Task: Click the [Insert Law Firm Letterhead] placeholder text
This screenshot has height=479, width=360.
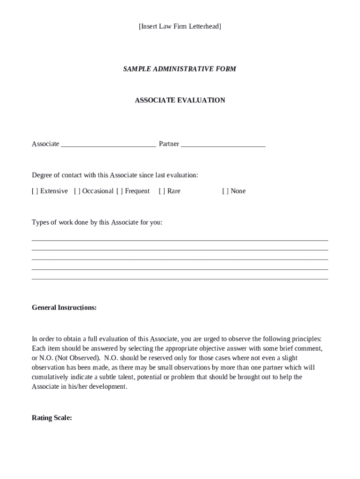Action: [180, 27]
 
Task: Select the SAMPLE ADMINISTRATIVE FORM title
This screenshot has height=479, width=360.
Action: [180, 69]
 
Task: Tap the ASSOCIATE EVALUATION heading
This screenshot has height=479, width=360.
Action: [180, 100]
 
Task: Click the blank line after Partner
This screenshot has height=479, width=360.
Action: [223, 145]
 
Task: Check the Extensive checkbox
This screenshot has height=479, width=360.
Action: [35, 191]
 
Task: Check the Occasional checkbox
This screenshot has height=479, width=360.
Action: [77, 191]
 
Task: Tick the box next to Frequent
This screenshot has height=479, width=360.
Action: [120, 191]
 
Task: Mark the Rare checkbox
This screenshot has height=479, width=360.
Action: [162, 191]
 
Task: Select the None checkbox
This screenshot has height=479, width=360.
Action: [225, 191]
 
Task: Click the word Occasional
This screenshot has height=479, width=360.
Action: [98, 191]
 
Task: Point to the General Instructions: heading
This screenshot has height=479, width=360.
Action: [64, 308]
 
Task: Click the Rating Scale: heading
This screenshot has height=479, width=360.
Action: [51, 418]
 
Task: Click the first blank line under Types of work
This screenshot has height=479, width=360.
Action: [180, 240]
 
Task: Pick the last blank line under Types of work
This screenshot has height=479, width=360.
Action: [180, 278]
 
